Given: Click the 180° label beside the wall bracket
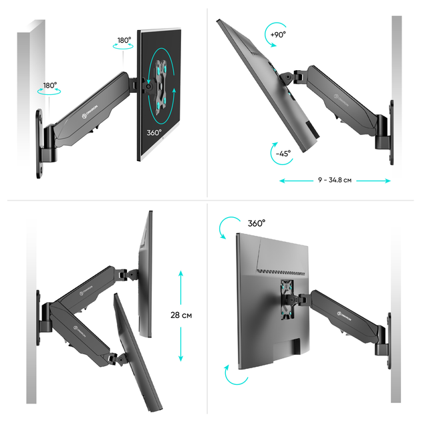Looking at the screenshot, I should [50, 86].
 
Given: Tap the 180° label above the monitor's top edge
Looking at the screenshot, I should [124, 40].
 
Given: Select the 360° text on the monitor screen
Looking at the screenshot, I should [154, 132].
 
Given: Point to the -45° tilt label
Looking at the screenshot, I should [283, 153].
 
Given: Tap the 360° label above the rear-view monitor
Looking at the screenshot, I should [257, 223].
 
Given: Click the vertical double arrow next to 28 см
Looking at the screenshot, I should [180, 315].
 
